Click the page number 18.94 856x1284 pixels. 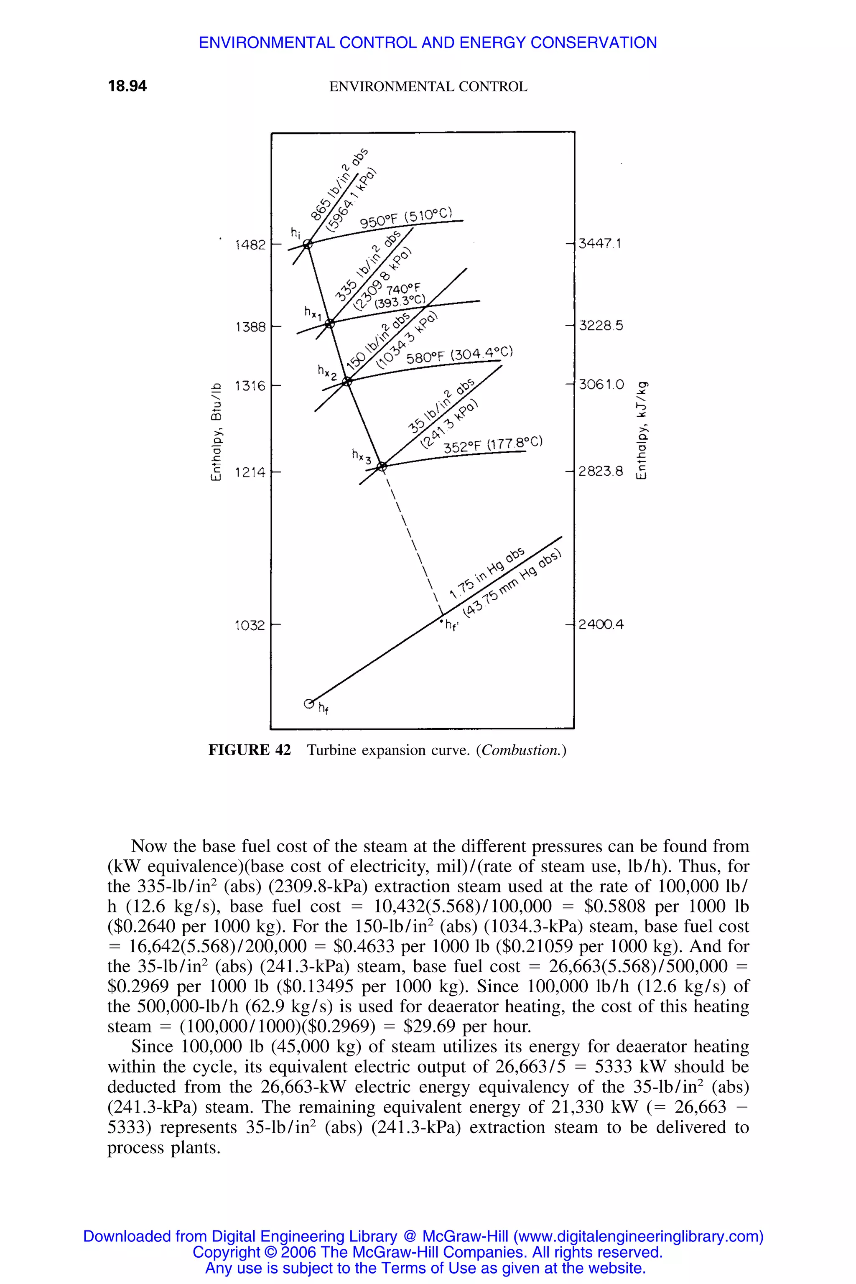(127, 86)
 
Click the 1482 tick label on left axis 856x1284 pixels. (250, 245)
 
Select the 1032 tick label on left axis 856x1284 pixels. (250, 625)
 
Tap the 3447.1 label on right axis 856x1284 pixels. (599, 244)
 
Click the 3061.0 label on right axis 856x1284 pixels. (601, 385)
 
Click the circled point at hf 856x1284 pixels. (308, 702)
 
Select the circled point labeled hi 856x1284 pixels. (307, 244)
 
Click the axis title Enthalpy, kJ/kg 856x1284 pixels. (642, 431)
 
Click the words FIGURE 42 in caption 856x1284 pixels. (250, 750)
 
